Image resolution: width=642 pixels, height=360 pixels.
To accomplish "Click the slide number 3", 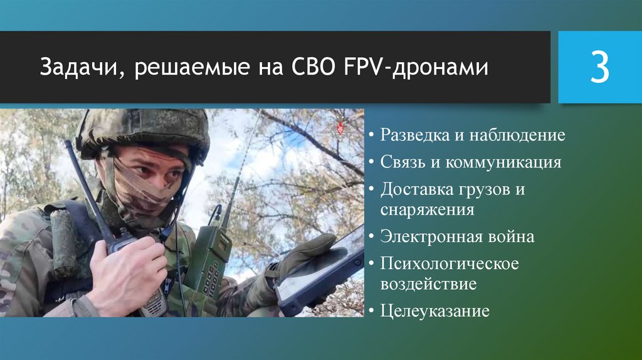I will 599,68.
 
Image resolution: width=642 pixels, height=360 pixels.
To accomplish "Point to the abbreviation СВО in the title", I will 319,67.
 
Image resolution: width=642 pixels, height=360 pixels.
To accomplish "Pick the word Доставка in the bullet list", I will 416,189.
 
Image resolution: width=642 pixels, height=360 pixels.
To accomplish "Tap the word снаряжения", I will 427,209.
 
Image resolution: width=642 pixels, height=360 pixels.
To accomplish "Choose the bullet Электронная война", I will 457,236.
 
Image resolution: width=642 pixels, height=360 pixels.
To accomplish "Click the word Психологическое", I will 450,263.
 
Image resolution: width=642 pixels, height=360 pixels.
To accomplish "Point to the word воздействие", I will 428,283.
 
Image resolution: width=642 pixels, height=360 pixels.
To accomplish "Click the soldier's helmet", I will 144,129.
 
